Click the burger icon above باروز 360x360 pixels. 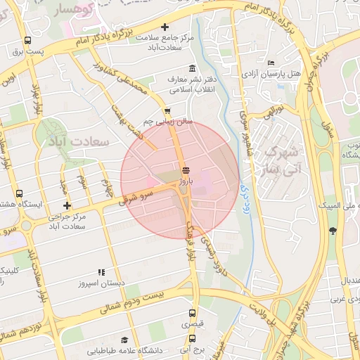pyautogui.click(x=186, y=170)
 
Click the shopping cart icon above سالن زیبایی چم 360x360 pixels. pyautogui.click(x=167, y=111)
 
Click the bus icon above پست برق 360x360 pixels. pyautogui.click(x=27, y=41)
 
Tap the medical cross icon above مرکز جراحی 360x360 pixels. pyautogui.click(x=67, y=205)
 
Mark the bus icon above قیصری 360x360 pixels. pyautogui.click(x=193, y=314)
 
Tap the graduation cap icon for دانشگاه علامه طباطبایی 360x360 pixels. pyautogui.click(x=124, y=340)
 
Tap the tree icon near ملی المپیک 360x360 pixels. pyautogui.click(x=332, y=231)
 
